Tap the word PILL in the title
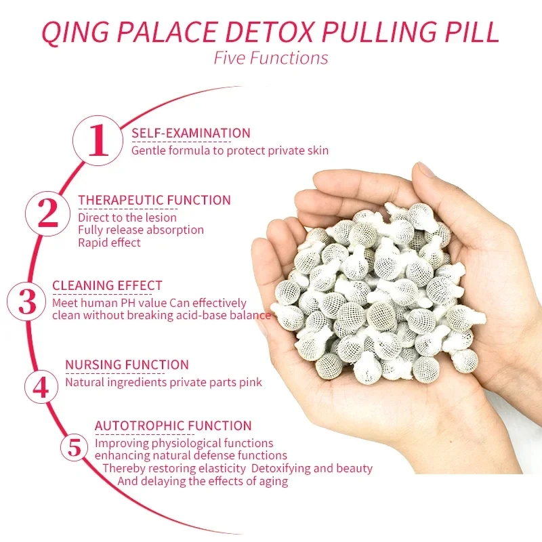[x=471, y=33]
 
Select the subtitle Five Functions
[x=271, y=58]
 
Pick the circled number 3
[x=28, y=301]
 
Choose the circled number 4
[x=41, y=387]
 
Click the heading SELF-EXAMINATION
[x=190, y=133]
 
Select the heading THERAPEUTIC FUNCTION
[x=154, y=200]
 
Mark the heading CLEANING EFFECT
[x=107, y=285]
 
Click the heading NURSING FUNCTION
[x=127, y=365]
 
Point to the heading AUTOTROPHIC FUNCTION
[x=173, y=425]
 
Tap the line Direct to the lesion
[x=127, y=217]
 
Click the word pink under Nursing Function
[x=249, y=383]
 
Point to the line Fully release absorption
[x=141, y=230]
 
